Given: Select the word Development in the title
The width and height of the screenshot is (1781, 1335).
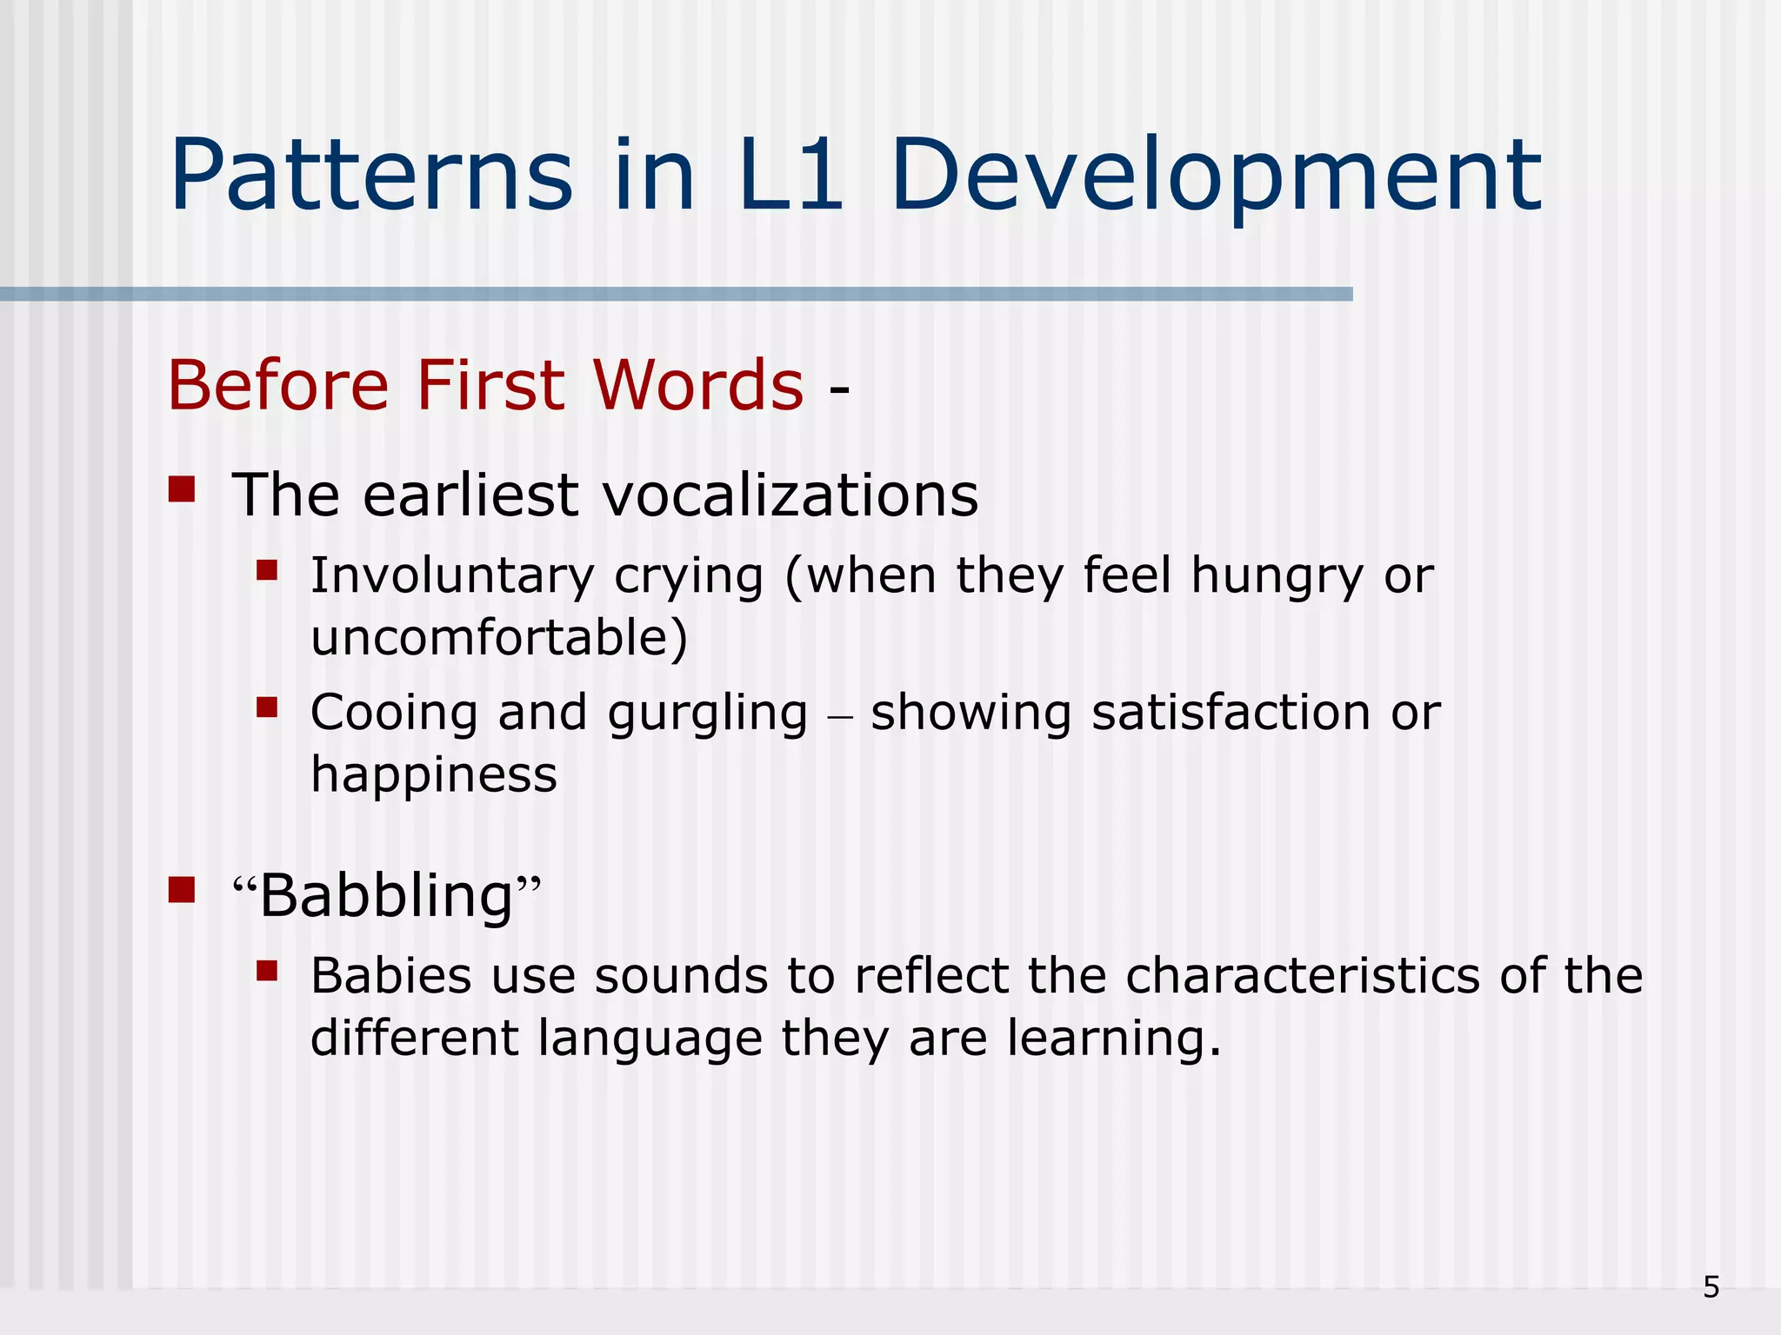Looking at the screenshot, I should point(1216,178).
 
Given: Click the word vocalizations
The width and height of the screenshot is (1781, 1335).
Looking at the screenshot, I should point(790,495).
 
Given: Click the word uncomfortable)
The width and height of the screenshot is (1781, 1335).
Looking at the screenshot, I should point(499,637).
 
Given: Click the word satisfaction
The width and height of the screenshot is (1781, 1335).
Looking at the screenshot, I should point(1231,713).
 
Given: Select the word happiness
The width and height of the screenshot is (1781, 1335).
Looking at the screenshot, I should point(433,775).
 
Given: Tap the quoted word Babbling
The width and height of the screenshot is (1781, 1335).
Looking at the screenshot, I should point(387,896).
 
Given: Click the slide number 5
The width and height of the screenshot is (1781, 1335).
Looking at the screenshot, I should point(1711,1287).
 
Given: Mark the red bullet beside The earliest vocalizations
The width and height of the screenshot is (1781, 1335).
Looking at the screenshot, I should point(182,489).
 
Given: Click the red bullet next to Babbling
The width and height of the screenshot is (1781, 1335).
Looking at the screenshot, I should point(182,890).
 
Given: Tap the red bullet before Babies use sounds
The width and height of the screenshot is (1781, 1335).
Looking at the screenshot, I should point(267,970).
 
